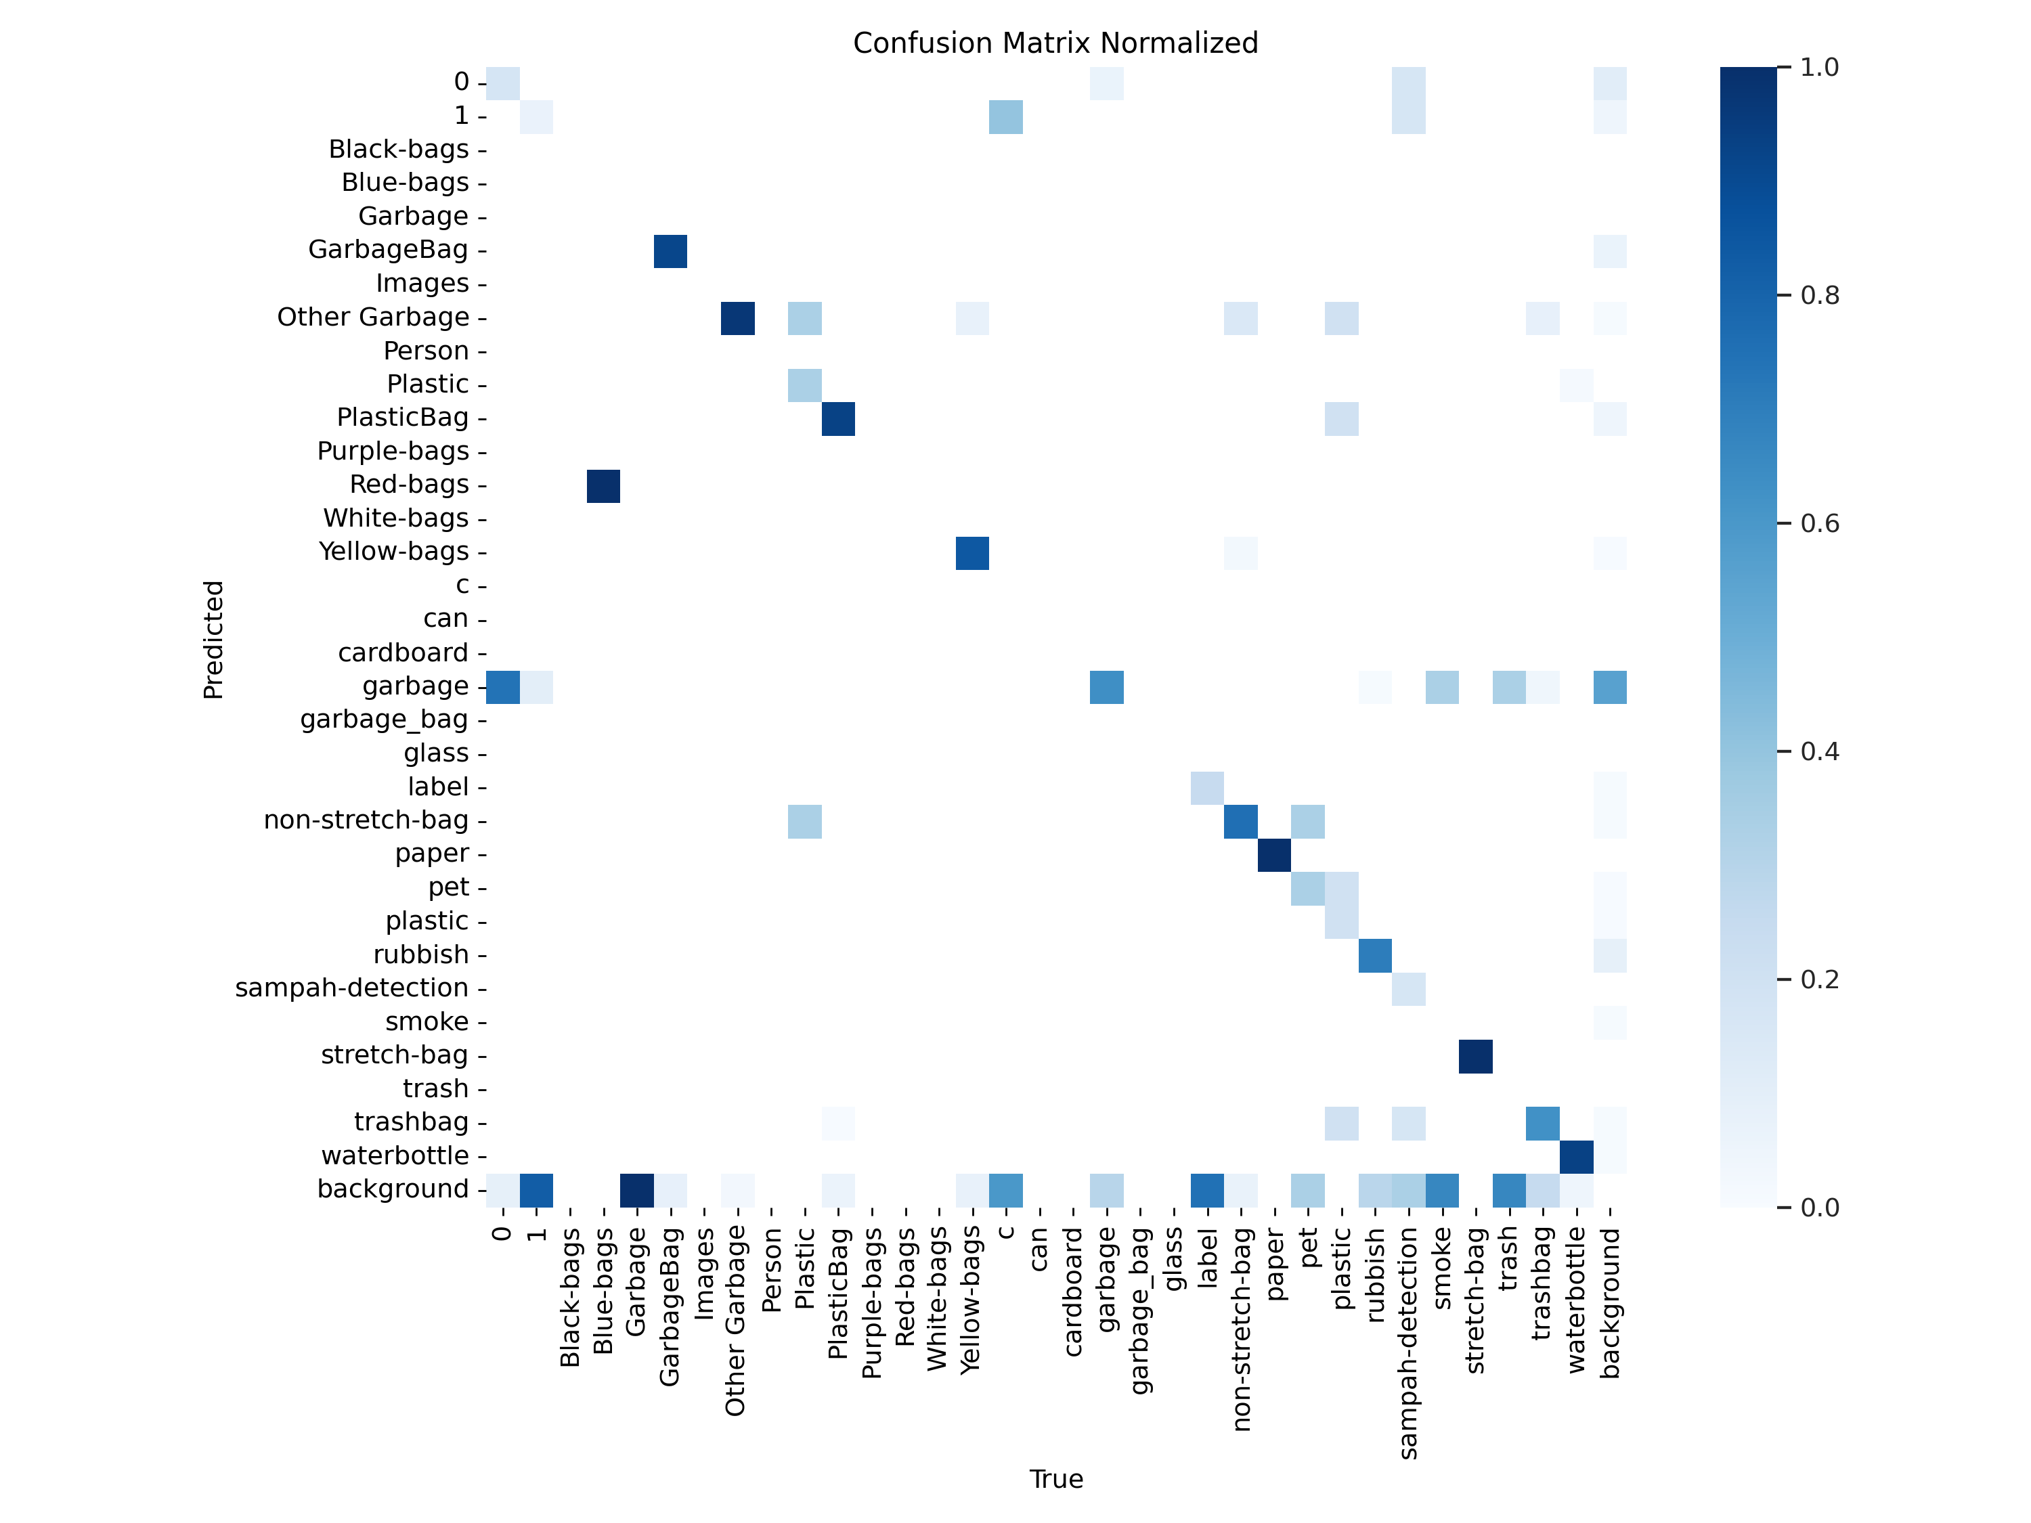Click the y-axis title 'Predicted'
[213, 639]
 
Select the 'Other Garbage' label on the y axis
[373, 317]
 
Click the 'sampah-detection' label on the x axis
[1408, 1344]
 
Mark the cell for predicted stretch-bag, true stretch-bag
[1475, 1057]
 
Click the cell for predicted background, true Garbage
[637, 1191]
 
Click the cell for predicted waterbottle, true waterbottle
[1577, 1157]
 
